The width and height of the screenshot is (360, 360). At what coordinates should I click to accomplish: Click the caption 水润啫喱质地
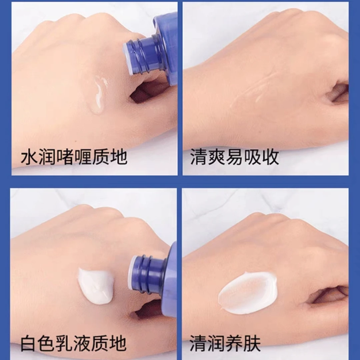[74, 157]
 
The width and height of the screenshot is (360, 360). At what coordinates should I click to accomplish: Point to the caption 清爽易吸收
[235, 157]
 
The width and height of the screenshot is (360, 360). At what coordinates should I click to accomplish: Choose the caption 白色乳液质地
[73, 344]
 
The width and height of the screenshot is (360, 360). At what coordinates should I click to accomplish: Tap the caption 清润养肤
[225, 344]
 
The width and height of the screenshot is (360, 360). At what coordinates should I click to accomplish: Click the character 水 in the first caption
[29, 157]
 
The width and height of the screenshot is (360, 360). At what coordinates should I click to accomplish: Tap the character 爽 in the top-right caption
[217, 157]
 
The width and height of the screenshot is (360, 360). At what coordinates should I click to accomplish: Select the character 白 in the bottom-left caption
[29, 344]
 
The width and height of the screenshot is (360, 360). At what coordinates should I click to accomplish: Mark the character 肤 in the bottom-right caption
[252, 344]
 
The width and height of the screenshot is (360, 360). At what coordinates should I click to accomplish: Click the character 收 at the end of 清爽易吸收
[270, 157]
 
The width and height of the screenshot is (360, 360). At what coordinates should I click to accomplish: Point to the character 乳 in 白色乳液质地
[65, 344]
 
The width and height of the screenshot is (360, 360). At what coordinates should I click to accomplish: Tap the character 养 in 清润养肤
[234, 344]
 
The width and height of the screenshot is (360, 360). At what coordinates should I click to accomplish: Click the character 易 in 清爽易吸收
[235, 157]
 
